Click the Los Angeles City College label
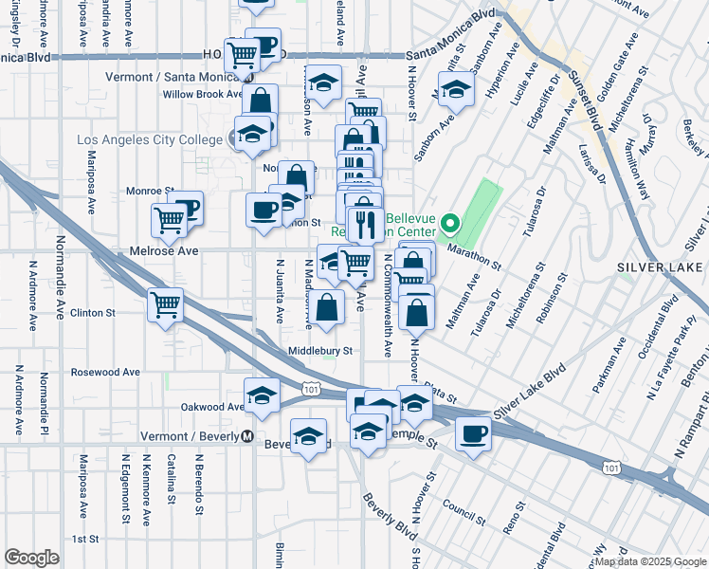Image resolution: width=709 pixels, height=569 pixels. tap(149, 140)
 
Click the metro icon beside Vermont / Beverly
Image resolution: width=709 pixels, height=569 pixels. tap(246, 436)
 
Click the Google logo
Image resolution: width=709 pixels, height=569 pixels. tap(31, 558)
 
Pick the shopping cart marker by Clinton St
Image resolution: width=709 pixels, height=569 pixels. tap(166, 305)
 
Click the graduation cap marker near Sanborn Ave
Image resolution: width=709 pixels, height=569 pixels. tap(457, 90)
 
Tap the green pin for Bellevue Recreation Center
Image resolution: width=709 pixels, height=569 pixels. tap(451, 226)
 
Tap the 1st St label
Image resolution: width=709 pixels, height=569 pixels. tap(86, 539)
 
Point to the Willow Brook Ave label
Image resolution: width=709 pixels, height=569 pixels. tap(203, 94)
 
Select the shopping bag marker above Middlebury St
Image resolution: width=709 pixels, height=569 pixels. tap(327, 308)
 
